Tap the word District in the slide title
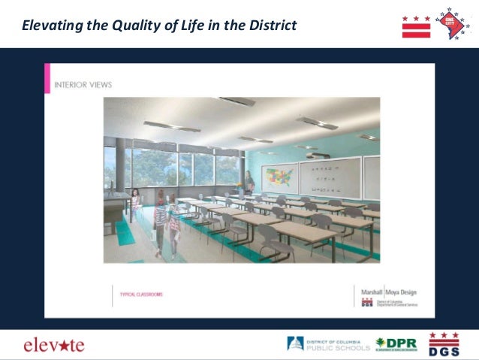coord(271,25)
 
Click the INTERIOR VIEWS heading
coord(83,85)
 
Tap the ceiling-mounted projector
coord(306,148)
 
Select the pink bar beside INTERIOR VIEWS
coord(47,79)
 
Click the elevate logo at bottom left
coord(53,345)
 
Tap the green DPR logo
coord(396,343)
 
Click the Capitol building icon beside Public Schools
coord(295,344)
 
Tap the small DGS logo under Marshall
coord(367,303)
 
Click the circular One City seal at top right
coord(453,23)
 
